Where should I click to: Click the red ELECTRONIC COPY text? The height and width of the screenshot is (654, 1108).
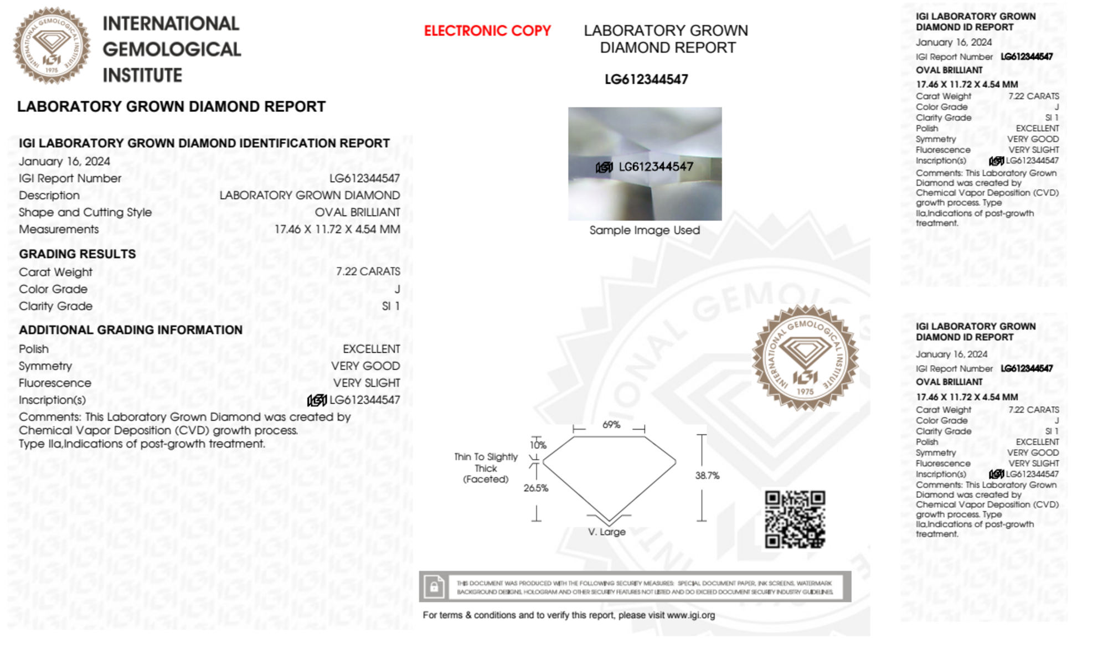click(x=487, y=31)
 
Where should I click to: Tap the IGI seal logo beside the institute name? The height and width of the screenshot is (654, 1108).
click(x=51, y=46)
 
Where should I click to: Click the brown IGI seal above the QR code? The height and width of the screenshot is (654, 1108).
click(x=805, y=358)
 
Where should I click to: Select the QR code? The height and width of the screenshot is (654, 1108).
click(x=795, y=519)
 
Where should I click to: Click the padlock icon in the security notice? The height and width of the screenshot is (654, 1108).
click(x=434, y=586)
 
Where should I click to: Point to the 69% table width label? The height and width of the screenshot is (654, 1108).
click(x=611, y=425)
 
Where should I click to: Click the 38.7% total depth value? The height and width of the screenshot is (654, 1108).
click(x=707, y=475)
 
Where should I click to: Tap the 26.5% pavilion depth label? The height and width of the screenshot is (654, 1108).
click(x=535, y=488)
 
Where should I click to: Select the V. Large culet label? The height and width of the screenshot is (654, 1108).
click(x=606, y=532)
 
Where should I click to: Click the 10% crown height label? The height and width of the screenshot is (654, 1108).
click(x=538, y=445)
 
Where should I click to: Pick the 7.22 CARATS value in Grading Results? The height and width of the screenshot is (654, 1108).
click(x=368, y=271)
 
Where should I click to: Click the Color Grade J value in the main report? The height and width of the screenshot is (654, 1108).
click(x=397, y=289)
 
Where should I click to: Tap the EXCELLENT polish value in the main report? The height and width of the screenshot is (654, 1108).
click(x=371, y=349)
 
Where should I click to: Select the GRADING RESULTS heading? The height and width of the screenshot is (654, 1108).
click(x=78, y=254)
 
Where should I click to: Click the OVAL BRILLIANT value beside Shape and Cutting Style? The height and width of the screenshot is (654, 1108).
click(x=357, y=212)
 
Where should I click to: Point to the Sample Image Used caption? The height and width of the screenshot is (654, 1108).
click(x=645, y=230)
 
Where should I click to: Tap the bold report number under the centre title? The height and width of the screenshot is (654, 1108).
click(x=646, y=80)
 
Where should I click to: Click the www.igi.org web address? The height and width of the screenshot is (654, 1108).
click(x=690, y=615)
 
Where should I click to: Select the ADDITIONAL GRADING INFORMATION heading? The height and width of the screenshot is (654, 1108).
click(x=131, y=330)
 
